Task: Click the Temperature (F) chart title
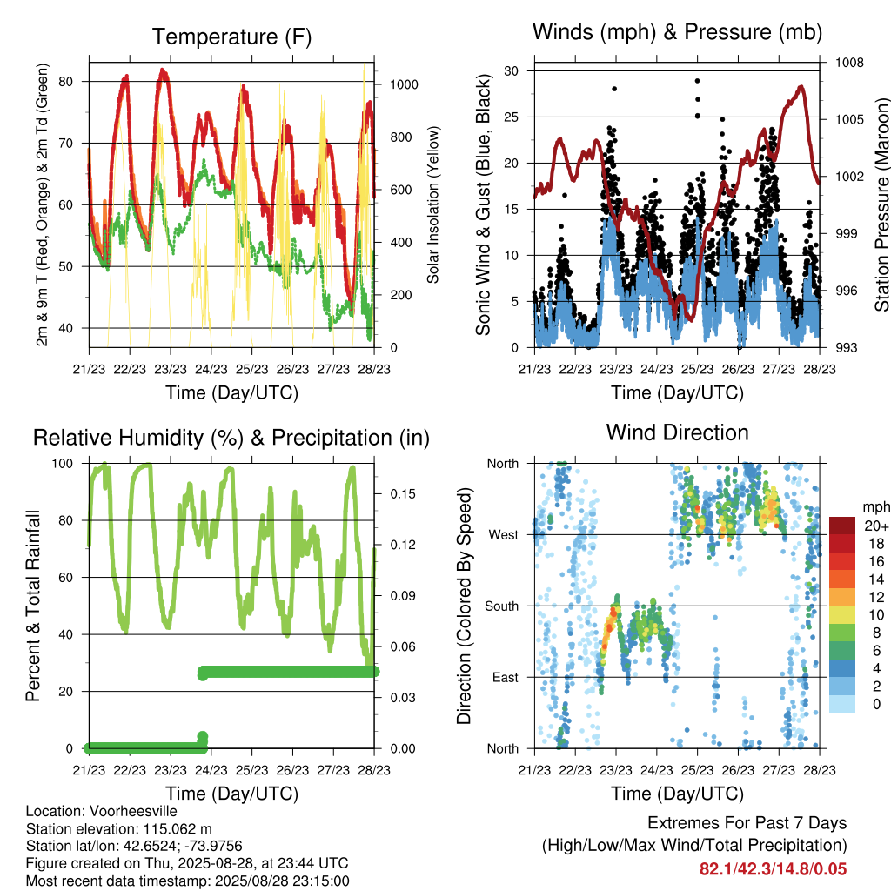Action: coord(231,37)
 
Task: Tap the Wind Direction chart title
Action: coord(677,432)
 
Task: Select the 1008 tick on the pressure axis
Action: coord(849,63)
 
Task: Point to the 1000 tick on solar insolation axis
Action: coord(404,84)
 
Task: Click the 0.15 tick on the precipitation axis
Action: coord(403,494)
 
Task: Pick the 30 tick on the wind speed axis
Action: coord(511,71)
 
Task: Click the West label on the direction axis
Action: coord(504,535)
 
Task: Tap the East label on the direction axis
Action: coord(506,677)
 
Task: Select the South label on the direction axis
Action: coord(502,606)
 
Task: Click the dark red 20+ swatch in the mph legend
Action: coord(842,526)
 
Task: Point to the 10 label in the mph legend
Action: coord(876,615)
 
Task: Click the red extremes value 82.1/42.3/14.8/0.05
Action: coord(773,869)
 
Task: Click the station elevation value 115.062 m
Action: coord(178,828)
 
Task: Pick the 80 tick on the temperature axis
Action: coord(66,82)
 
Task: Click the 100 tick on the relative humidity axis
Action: coord(63,464)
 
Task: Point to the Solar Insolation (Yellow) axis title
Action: coord(433,204)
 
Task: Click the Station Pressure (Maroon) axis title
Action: coord(881,204)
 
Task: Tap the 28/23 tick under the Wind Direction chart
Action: coord(820,770)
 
